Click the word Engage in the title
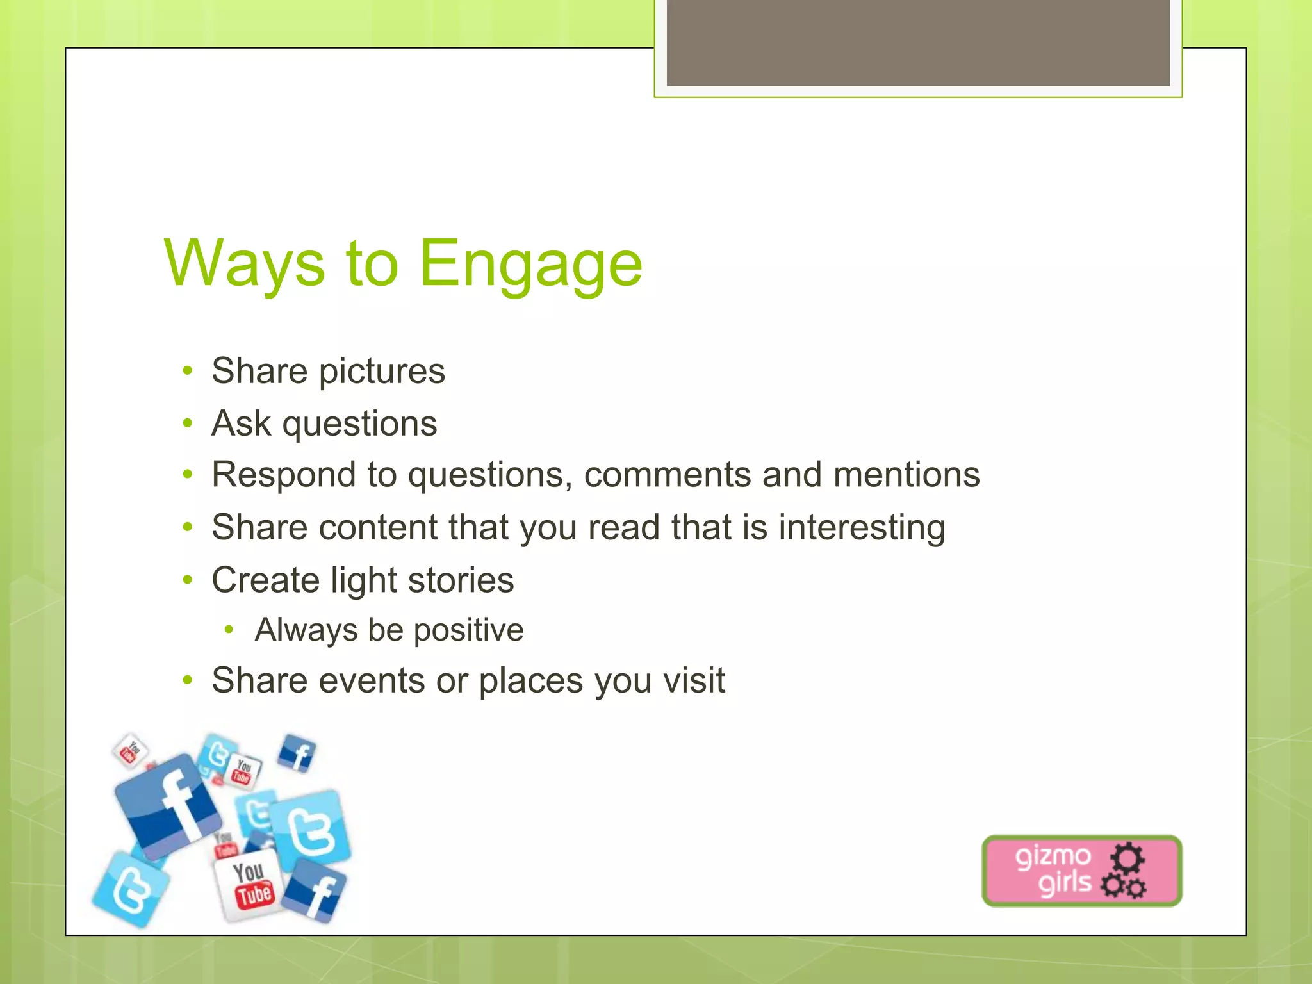click(x=530, y=264)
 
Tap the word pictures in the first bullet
click(x=382, y=372)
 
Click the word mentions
click(x=906, y=475)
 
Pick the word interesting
click(x=862, y=528)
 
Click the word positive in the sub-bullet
click(x=468, y=630)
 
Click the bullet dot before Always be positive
click(x=229, y=630)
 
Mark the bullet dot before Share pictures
click(x=187, y=371)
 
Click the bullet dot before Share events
click(x=187, y=680)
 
